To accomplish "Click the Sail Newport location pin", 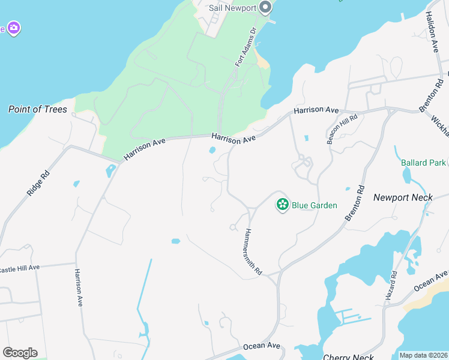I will (x=266, y=8).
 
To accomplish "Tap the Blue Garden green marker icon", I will (x=282, y=205).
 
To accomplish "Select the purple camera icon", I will (x=13, y=28).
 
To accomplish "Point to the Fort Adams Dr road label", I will (x=246, y=46).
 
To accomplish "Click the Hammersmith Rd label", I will (x=254, y=251).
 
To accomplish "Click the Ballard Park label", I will (x=423, y=163).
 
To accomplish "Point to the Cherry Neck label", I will (x=349, y=357).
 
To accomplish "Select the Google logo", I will (x=20, y=352).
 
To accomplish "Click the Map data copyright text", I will (x=423, y=355).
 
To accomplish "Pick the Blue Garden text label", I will (x=315, y=205).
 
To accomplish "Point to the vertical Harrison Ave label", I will (x=78, y=287).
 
